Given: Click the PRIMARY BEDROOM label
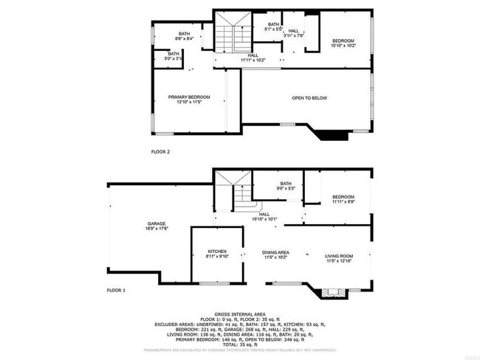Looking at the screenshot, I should (x=189, y=97).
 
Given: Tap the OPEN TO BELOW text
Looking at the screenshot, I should (x=309, y=98).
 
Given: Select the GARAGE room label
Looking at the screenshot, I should (x=156, y=224).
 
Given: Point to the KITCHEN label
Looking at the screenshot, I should (x=216, y=252).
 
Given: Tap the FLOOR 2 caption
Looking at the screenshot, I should (x=160, y=151).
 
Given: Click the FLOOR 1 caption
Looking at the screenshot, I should (x=116, y=290).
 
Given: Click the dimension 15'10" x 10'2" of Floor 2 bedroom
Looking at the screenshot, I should (x=343, y=46).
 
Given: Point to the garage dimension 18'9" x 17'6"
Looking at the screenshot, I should (x=156, y=229).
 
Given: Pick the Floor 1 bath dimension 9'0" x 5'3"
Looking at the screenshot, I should (x=286, y=189).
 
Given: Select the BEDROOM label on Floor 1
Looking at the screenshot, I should (x=343, y=197).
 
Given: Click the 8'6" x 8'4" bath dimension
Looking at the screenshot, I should (x=184, y=38).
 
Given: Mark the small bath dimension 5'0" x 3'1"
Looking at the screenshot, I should (x=173, y=58).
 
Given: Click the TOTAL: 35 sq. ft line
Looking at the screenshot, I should (x=240, y=345).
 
